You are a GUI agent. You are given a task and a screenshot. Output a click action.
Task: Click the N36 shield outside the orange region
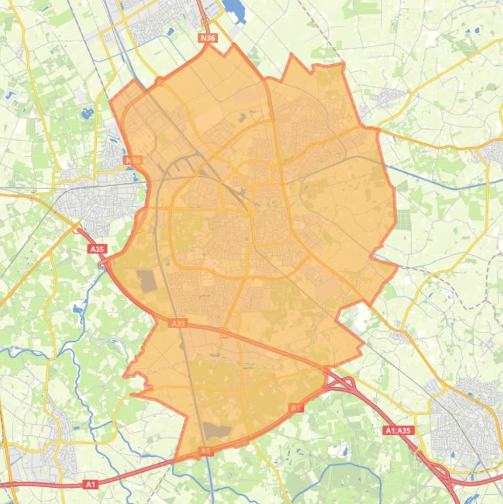[207, 38]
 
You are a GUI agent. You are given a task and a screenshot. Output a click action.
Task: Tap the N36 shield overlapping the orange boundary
[133, 160]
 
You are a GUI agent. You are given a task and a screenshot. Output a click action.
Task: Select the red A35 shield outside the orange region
[97, 249]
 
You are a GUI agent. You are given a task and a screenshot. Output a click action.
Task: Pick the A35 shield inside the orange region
[177, 323]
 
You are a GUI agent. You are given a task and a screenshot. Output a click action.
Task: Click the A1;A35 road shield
[398, 431]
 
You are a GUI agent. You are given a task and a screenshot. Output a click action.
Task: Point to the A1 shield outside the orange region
[90, 484]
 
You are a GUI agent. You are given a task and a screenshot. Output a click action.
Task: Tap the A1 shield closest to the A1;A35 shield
[296, 408]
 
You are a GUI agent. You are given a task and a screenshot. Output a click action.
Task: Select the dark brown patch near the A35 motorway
[147, 281]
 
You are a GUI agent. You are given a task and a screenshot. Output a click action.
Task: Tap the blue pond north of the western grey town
[88, 115]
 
